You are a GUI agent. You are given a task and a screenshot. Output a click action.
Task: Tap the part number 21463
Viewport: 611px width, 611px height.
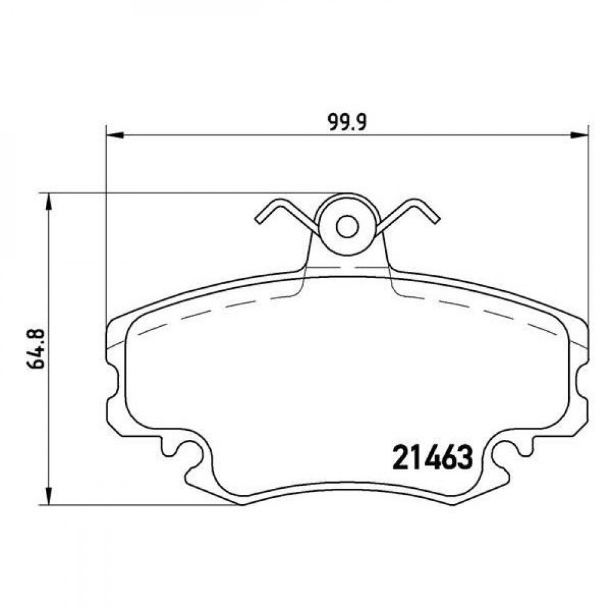click(432, 458)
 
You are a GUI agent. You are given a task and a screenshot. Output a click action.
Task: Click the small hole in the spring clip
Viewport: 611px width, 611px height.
click(347, 227)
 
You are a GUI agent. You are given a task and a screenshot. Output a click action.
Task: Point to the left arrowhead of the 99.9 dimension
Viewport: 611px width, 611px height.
click(115, 135)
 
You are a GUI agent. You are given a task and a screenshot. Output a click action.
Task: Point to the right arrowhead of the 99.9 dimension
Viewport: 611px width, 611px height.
click(579, 135)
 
